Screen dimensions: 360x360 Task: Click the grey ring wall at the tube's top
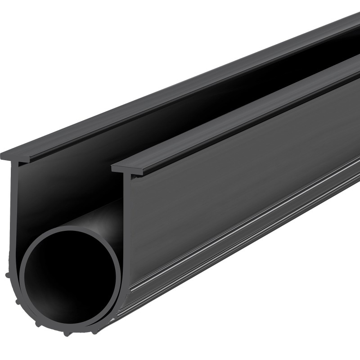click(x=72, y=229)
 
